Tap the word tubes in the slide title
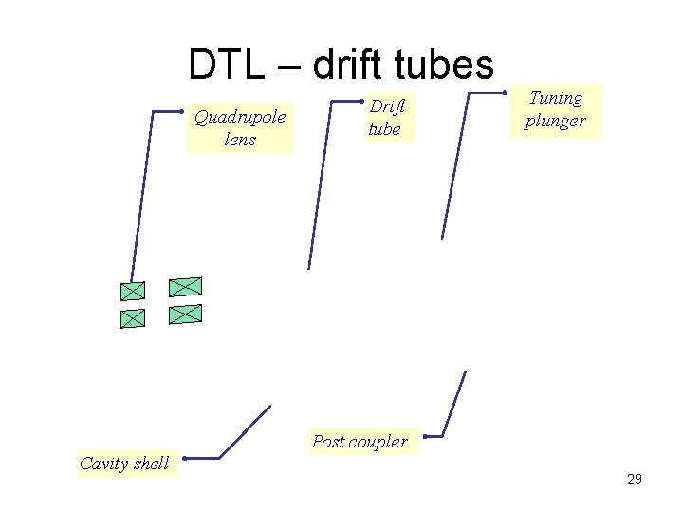coord(445,65)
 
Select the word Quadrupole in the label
coord(240,118)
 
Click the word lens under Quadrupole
coord(240,140)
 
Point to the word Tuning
coord(556,98)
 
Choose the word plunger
coord(556,121)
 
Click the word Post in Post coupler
coord(328,441)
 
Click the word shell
coord(152,464)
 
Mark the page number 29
coord(635,479)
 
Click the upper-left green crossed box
coord(133,291)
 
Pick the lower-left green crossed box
coord(133,318)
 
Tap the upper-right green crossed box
coord(186,286)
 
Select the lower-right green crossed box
coord(186,313)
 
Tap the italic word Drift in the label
coord(387,108)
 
